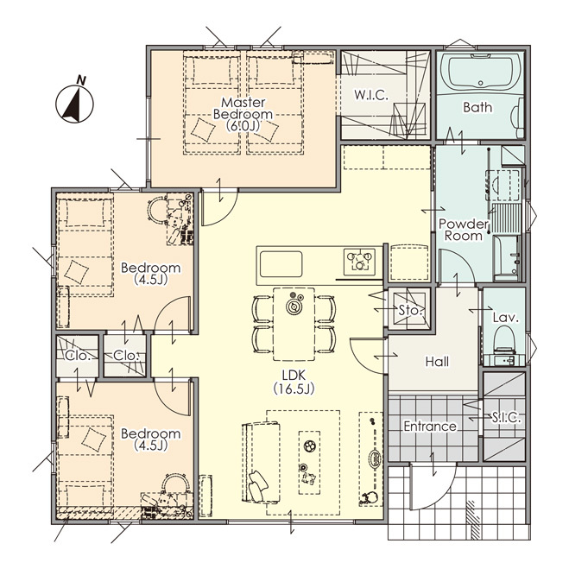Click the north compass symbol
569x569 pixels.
pos(74,102)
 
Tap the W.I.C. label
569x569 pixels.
pos(371,95)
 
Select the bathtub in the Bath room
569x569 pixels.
pos(480,72)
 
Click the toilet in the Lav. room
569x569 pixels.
pos(506,339)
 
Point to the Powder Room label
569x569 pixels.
pos(464,230)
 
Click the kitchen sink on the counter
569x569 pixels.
pos(281,264)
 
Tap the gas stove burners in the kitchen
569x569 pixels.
pos(359,260)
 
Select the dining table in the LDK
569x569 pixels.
pos(294,324)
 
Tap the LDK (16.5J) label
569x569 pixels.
pos(294,382)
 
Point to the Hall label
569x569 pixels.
pos(437,362)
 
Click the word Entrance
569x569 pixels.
pos(430,426)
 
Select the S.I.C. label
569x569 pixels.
pos(506,418)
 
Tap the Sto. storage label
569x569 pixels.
pos(411,310)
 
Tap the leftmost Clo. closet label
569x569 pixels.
pos(78,356)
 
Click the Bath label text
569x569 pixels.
pos(477,107)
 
